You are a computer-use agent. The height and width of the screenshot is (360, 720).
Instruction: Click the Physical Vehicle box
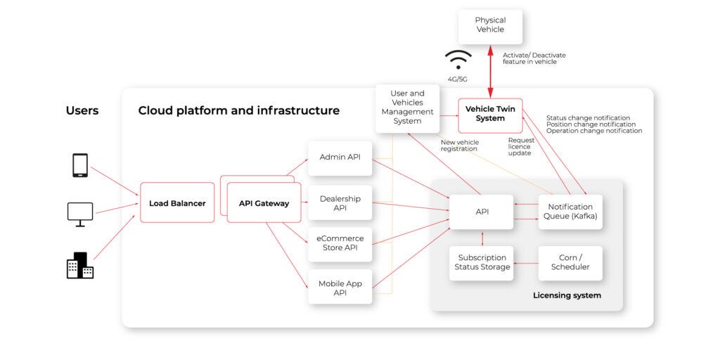(x=490, y=25)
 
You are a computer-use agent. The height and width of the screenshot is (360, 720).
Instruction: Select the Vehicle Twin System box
(x=490, y=115)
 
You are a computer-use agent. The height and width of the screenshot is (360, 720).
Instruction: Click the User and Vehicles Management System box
(x=407, y=107)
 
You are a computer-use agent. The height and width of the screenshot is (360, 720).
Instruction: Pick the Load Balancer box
(x=177, y=203)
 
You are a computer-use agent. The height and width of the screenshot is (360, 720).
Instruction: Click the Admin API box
(x=340, y=157)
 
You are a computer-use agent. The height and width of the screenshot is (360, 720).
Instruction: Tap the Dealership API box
(x=340, y=203)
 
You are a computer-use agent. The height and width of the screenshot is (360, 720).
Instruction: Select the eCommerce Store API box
(x=340, y=243)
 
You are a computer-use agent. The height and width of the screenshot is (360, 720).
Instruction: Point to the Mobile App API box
(x=340, y=287)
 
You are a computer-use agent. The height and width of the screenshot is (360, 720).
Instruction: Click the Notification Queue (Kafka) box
(x=570, y=212)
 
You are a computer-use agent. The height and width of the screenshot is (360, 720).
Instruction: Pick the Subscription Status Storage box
(x=482, y=262)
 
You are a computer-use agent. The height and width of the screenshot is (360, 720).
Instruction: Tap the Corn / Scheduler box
(x=570, y=262)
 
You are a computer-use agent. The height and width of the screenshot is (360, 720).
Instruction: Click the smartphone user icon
(x=80, y=165)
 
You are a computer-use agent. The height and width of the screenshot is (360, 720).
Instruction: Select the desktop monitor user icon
(x=80, y=212)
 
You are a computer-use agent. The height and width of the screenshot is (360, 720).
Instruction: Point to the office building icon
(x=80, y=265)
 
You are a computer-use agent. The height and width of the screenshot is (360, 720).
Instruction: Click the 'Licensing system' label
(x=567, y=295)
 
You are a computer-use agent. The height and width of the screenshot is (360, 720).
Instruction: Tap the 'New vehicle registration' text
(x=459, y=146)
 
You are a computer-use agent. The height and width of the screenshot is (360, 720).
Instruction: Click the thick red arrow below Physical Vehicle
(x=491, y=73)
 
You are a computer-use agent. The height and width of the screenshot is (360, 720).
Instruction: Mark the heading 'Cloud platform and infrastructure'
(x=238, y=110)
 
